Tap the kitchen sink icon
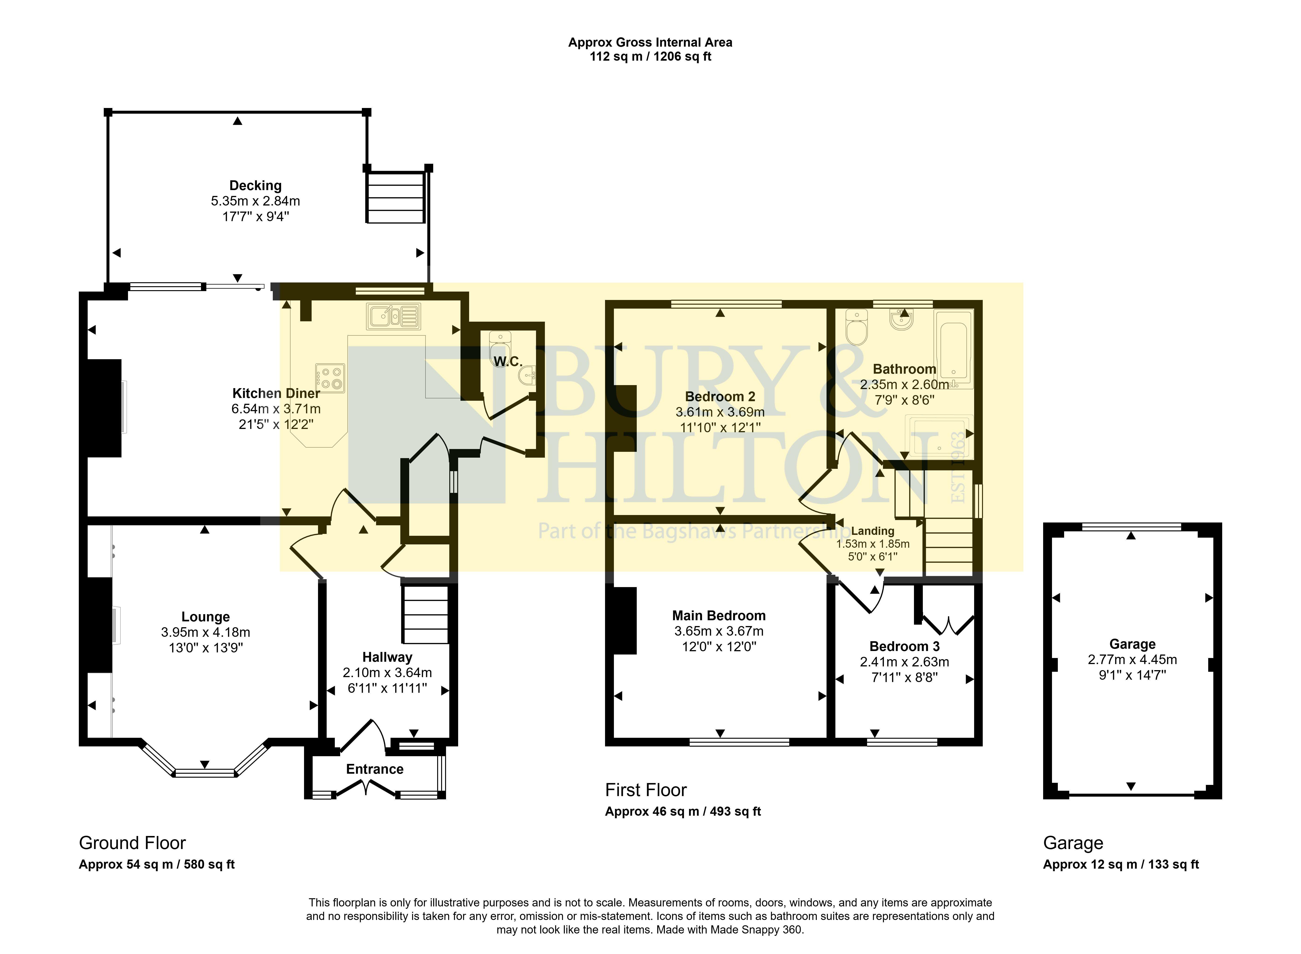[393, 317]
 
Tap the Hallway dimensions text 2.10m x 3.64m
[387, 673]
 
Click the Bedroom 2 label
[720, 397]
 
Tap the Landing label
[873, 531]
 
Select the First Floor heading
[646, 790]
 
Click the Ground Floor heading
[132, 843]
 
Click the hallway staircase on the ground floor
[426, 614]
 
